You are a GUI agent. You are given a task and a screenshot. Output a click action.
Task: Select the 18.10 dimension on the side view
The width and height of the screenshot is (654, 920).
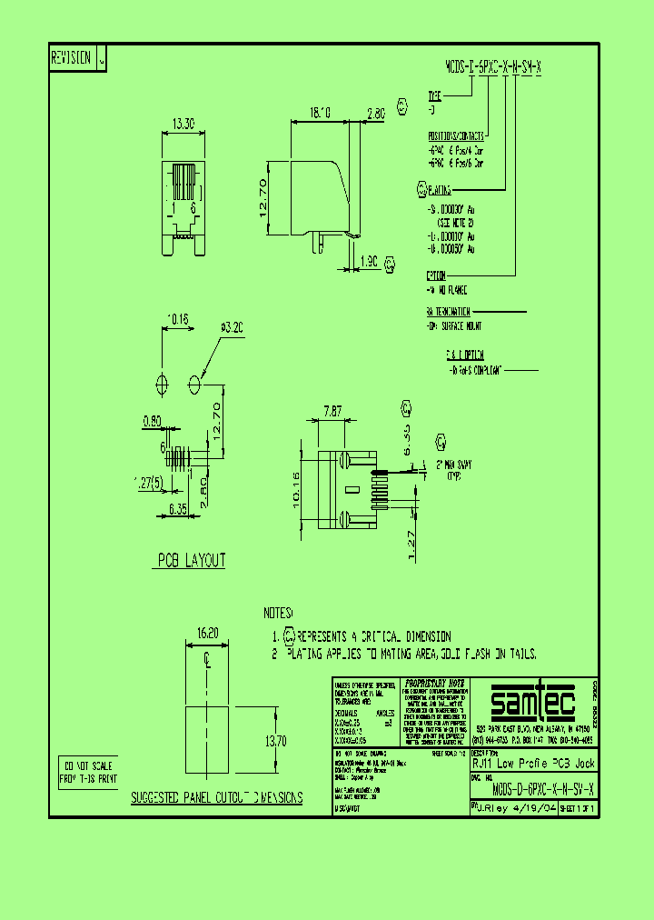[320, 114]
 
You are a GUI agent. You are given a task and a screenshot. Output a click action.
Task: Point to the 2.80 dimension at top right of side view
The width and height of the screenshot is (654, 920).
[376, 114]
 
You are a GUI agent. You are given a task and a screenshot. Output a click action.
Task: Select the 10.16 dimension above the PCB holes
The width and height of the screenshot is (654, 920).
[177, 319]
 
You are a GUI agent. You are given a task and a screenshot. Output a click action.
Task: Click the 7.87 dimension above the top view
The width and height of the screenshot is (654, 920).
[332, 412]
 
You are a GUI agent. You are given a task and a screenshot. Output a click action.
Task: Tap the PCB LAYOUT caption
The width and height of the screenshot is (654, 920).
[192, 561]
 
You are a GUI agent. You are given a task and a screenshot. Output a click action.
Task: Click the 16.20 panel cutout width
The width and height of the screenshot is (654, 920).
[207, 632]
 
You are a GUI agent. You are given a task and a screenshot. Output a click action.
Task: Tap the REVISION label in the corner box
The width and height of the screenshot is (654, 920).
[71, 57]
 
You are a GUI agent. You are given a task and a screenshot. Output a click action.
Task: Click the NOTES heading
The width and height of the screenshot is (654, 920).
[279, 613]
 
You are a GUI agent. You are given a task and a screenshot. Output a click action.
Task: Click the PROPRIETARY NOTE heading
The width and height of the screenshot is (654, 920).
[433, 682]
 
